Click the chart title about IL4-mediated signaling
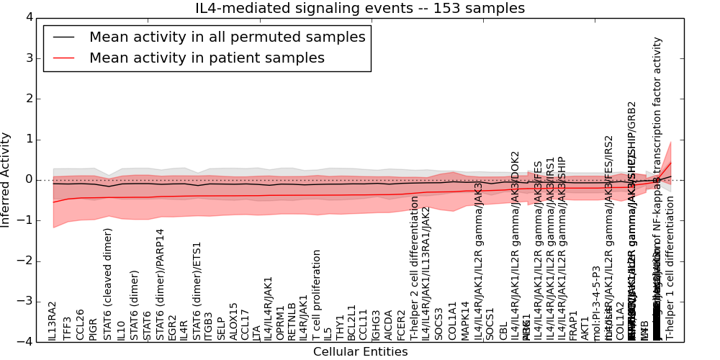(360, 8)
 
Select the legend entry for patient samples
(207, 58)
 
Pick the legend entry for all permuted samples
(227, 37)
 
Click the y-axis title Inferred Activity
(6, 180)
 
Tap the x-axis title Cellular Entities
(360, 352)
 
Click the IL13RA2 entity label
(53, 320)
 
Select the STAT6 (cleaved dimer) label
(107, 284)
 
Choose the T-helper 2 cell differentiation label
(415, 268)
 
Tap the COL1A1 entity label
(453, 321)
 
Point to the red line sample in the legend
(63, 58)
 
